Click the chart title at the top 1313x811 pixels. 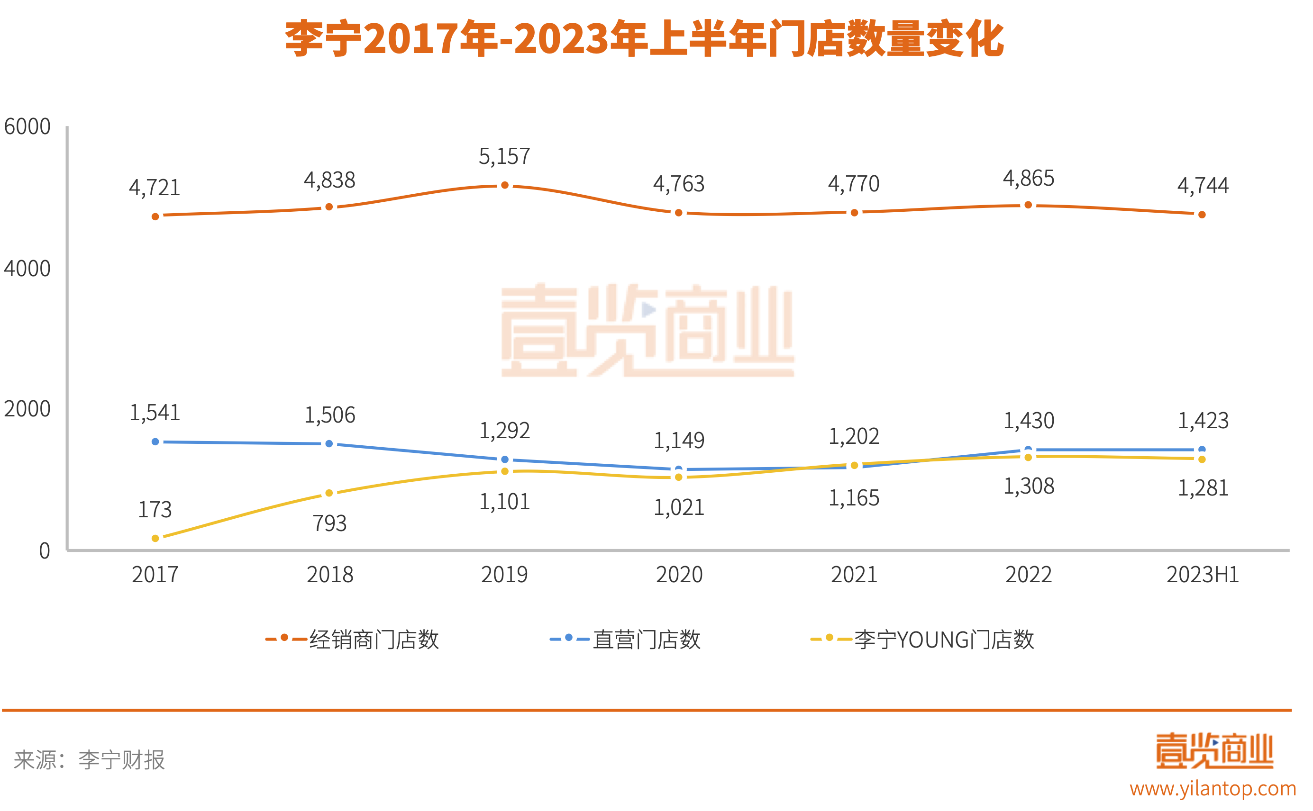(x=644, y=39)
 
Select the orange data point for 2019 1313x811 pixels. (x=504, y=186)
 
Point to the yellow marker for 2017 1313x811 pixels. (x=155, y=538)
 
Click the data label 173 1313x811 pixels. (x=155, y=510)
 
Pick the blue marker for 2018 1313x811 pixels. (x=329, y=443)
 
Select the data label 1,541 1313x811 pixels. (x=155, y=413)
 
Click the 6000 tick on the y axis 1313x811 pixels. (x=27, y=127)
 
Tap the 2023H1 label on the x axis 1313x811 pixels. (x=1203, y=575)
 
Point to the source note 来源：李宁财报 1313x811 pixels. (x=89, y=760)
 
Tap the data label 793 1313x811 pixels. (x=329, y=523)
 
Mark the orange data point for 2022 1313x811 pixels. (x=1028, y=205)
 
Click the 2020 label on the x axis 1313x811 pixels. (x=679, y=575)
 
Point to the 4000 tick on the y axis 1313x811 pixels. (x=27, y=269)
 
